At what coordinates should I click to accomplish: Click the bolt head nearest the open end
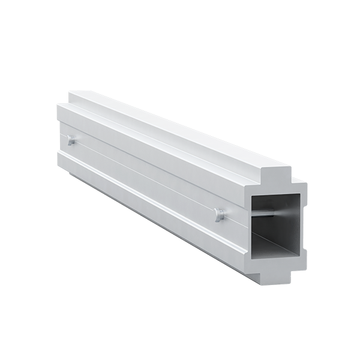tap(220, 214)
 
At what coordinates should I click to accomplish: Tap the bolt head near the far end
tap(71, 140)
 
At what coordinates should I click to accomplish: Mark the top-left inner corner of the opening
tap(252, 195)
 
